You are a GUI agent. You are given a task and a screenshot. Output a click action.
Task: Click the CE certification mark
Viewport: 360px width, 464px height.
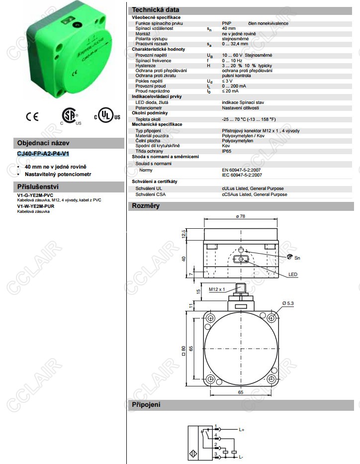click(32, 116)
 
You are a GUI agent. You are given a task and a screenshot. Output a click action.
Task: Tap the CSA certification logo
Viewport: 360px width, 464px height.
click(70, 116)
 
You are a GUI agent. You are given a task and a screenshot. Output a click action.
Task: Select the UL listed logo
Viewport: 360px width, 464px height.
click(107, 115)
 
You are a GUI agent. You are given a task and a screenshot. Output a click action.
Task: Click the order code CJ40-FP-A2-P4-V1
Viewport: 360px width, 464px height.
click(43, 154)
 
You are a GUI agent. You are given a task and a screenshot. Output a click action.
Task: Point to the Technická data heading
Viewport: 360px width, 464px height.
click(155, 10)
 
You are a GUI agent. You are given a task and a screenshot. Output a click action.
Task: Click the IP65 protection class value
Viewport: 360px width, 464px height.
click(227, 151)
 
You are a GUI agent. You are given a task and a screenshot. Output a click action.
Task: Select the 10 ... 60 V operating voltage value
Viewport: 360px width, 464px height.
click(232, 55)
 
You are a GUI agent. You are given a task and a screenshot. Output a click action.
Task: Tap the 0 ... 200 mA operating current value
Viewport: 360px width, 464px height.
click(234, 86)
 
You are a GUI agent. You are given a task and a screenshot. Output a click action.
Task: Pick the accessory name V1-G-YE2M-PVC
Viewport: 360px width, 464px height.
click(35, 195)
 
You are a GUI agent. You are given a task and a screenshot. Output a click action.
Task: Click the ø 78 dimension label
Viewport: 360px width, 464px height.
click(241, 216)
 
